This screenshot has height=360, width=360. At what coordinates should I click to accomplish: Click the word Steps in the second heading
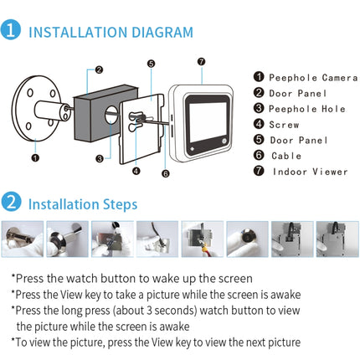[x=118, y=203]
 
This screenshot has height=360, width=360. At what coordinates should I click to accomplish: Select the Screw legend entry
[x=280, y=125]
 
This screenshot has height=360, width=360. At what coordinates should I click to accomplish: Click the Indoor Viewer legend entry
[x=303, y=172]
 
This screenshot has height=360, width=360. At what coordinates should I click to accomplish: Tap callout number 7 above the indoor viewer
[x=200, y=61]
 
